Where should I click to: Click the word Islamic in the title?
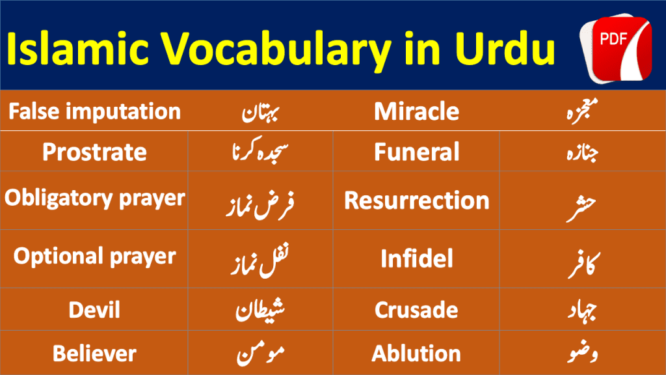(x=78, y=48)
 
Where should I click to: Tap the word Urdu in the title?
(x=505, y=48)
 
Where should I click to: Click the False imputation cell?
(x=94, y=111)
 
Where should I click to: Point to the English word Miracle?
(x=416, y=111)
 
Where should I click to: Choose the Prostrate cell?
(x=94, y=152)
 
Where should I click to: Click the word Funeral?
(x=416, y=152)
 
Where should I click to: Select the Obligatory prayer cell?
(x=94, y=199)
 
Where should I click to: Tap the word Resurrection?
(x=416, y=201)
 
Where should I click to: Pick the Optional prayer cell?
(x=94, y=257)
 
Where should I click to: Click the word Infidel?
(x=416, y=258)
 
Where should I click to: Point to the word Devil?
(x=94, y=309)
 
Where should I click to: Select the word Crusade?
(x=416, y=309)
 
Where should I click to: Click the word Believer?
(x=94, y=354)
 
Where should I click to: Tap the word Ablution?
(x=416, y=354)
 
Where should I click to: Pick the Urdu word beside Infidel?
(x=583, y=264)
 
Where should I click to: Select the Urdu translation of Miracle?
(x=582, y=111)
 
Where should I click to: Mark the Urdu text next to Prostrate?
(x=260, y=149)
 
